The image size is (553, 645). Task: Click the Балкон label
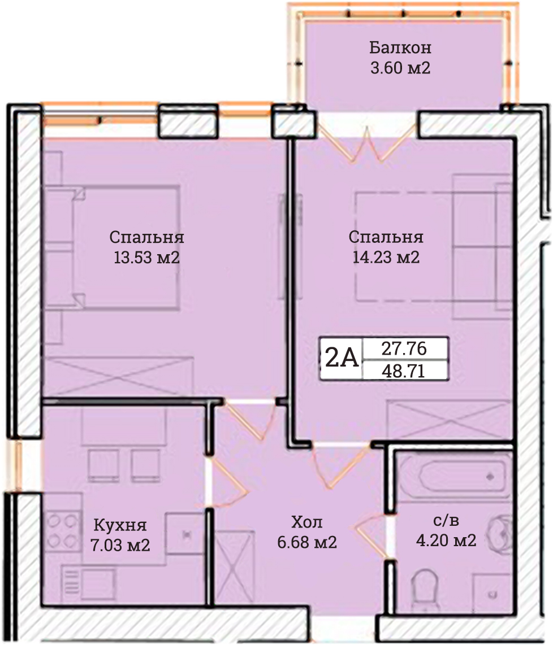coord(400,47)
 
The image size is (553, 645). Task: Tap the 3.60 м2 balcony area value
coord(400,67)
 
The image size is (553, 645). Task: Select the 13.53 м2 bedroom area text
coord(146,258)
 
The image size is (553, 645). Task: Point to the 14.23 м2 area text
coord(386,258)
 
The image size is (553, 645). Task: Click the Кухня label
coord(120,525)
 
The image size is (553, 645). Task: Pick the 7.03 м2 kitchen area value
coord(120,545)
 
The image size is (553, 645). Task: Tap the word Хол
coord(307,522)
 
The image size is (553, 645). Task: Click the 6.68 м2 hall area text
coord(307,542)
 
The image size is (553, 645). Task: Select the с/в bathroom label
coord(446,520)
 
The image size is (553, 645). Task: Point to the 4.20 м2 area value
coord(446,540)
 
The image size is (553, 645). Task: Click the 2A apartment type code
coord(342,358)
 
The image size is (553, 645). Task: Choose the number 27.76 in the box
coord(404,349)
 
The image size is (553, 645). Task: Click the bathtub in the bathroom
coord(463,476)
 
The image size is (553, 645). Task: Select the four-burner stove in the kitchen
coord(63,531)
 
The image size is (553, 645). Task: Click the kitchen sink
coord(185,534)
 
